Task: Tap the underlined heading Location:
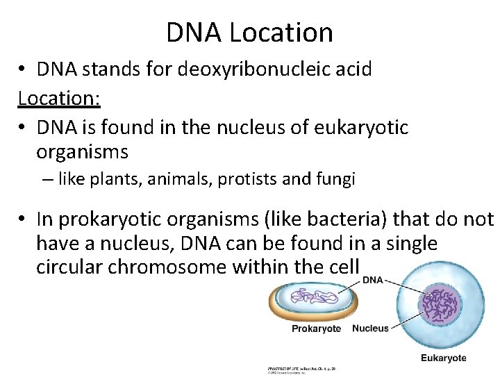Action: tap(60, 98)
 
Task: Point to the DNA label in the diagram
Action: tap(373, 280)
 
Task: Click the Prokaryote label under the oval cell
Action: tap(316, 328)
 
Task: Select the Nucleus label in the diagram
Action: tap(371, 328)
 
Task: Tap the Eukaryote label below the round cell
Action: tap(443, 358)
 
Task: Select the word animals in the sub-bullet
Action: tap(177, 180)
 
